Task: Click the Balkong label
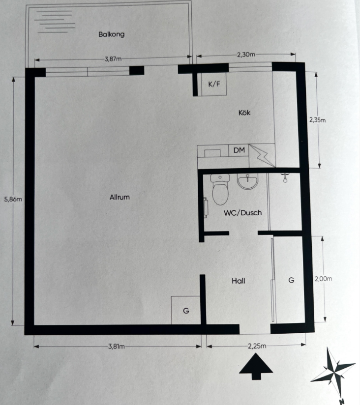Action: pos(111,34)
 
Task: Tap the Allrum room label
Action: pos(120,197)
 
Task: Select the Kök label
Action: pos(244,113)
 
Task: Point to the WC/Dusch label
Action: pos(242,213)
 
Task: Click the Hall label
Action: pos(238,281)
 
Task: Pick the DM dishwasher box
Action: pos(239,150)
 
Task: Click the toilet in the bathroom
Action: pos(220,189)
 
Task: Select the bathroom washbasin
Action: pos(247,181)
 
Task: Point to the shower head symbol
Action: pos(285,178)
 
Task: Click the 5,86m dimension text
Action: pos(13,200)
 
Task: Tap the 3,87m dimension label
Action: pos(113,59)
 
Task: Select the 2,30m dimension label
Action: pos(246,55)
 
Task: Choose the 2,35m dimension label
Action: pos(318,120)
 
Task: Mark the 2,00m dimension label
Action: pos(323,279)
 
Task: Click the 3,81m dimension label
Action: pos(116,347)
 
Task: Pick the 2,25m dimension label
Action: pos(257,346)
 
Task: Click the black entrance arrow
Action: pos(256,367)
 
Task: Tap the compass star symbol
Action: pos(334,372)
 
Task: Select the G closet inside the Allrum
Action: pos(186,310)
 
